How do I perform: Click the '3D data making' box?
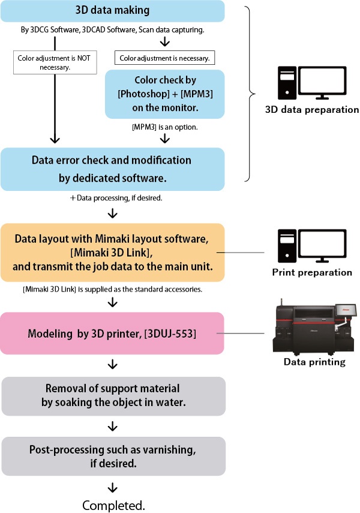click(x=113, y=10)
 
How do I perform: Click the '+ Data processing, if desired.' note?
click(x=113, y=197)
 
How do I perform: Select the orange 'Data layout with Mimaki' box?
click(x=113, y=252)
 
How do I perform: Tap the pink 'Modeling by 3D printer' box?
click(x=113, y=332)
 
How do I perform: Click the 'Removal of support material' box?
click(x=113, y=396)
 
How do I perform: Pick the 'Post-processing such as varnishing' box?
click(x=113, y=456)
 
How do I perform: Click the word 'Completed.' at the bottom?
click(x=113, y=505)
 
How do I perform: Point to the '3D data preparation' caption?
click(x=312, y=110)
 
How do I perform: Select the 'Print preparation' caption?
click(x=311, y=272)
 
